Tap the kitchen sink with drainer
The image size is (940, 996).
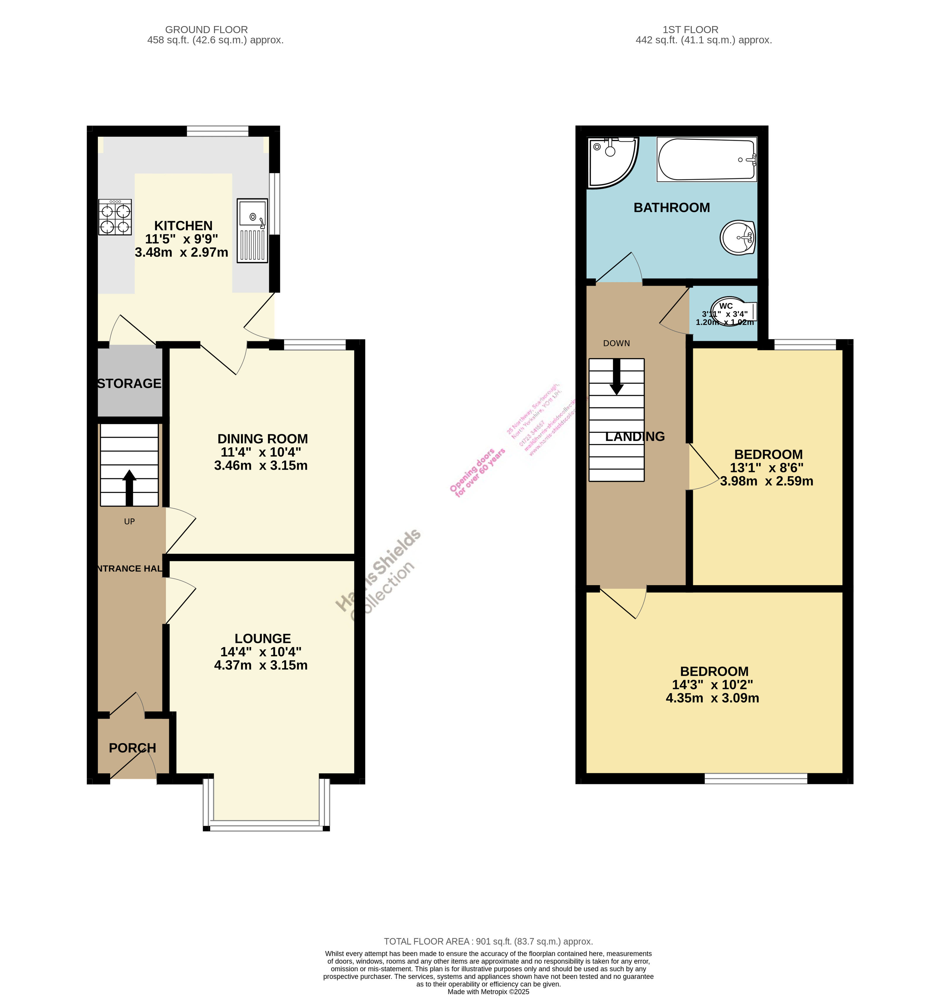pos(252,231)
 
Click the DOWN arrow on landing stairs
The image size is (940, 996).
pos(617,377)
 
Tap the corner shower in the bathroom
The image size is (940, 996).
pos(611,161)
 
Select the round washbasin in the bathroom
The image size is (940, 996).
pos(737,238)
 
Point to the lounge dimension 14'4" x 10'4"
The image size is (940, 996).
pos(261,652)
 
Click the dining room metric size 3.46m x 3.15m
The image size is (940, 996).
pos(261,466)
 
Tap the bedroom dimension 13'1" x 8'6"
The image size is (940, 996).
pos(767,468)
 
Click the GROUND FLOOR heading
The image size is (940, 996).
pos(206,30)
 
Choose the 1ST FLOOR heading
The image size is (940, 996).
pos(690,30)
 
